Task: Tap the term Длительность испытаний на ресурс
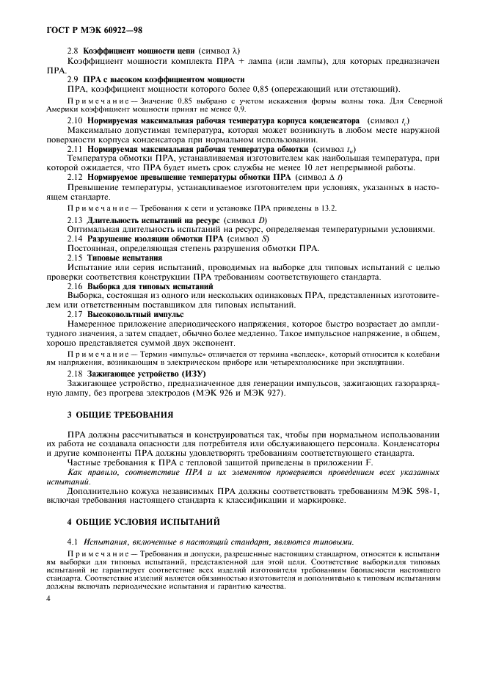149,220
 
